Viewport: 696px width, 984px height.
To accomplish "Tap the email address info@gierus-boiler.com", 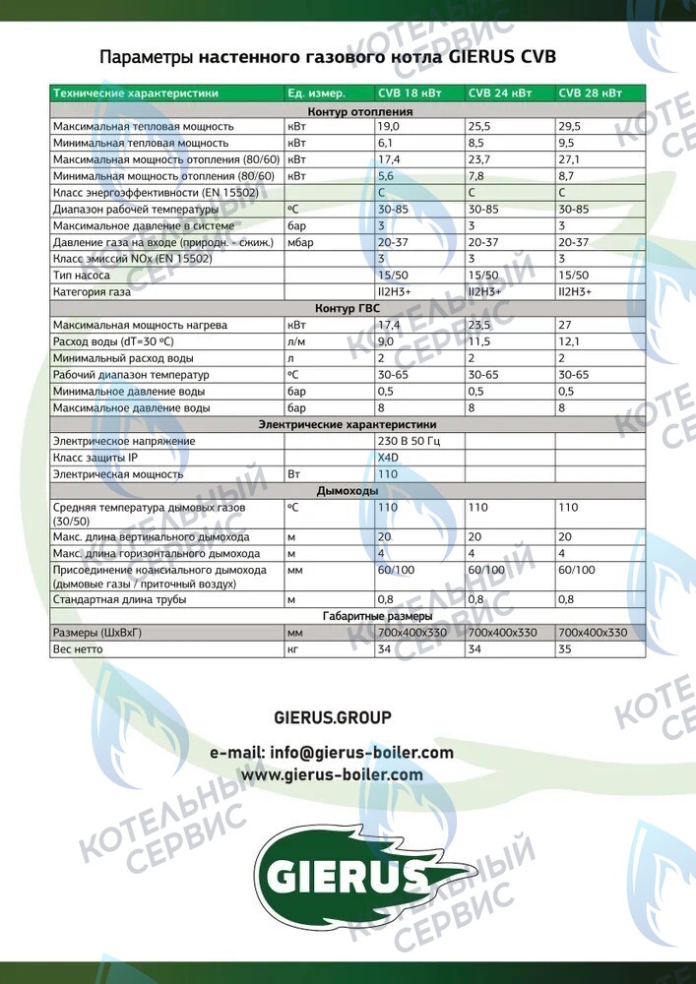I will click(x=332, y=753).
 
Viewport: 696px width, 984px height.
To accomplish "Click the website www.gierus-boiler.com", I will click(x=332, y=774).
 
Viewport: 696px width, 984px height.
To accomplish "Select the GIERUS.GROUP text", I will click(x=332, y=717).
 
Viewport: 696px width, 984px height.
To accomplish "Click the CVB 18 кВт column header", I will click(x=409, y=93).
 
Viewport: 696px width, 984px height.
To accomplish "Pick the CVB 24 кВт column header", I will click(x=499, y=93).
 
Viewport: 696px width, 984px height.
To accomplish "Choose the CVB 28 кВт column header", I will click(x=590, y=93).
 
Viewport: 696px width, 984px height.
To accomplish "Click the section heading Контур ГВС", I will click(x=347, y=308).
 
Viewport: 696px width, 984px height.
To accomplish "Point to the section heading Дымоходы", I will click(x=347, y=490).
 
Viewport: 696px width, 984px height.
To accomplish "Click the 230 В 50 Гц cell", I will click(x=409, y=441).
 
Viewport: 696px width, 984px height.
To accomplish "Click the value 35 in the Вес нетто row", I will click(x=564, y=649).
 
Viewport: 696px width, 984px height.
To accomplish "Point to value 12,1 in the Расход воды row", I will click(x=570, y=341).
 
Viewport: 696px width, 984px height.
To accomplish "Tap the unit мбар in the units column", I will click(x=299, y=241).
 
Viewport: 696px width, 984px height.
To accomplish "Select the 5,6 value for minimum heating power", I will click(x=386, y=175).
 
